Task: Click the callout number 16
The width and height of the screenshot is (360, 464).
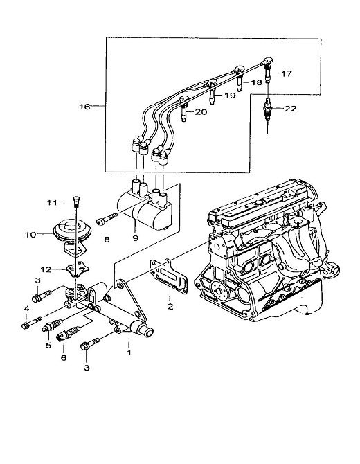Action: (84, 107)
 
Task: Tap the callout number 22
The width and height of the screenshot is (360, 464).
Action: (291, 109)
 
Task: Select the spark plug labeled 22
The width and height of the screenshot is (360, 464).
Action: (268, 109)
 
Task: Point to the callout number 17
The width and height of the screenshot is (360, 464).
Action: (287, 73)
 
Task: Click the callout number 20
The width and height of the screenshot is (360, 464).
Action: (201, 112)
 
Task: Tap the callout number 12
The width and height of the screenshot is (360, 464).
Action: (46, 269)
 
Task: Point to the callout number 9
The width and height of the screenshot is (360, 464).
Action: (136, 238)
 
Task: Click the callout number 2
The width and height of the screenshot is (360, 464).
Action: (170, 307)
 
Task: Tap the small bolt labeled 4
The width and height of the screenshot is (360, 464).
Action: (32, 323)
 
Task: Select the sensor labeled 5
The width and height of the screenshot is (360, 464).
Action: (53, 325)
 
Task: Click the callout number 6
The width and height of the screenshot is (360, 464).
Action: (64, 358)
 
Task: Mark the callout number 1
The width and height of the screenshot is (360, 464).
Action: (129, 353)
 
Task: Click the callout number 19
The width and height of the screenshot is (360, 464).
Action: (230, 96)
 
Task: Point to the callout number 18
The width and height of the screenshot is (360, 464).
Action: (256, 82)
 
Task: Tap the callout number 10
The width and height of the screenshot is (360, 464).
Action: (30, 235)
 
